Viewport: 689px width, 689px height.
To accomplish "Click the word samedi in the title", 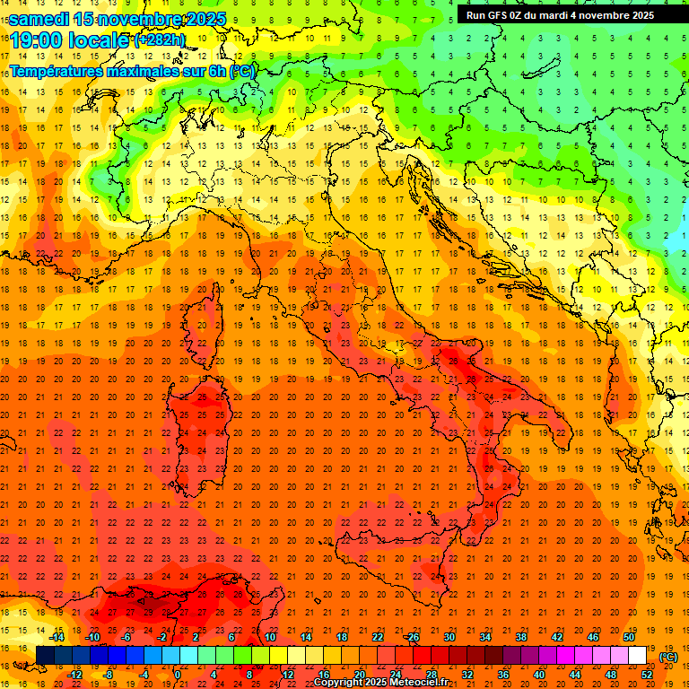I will pyautogui.click(x=39, y=19).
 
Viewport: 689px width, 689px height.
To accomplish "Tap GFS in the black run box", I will pyautogui.click(x=497, y=15).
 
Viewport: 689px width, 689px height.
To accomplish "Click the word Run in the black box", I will pyautogui.click(x=475, y=15).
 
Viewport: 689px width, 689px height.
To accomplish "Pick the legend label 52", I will pyautogui.click(x=647, y=675).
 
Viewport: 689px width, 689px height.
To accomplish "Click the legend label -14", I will pyautogui.click(x=57, y=637).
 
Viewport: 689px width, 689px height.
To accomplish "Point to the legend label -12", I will pyautogui.click(x=74, y=675).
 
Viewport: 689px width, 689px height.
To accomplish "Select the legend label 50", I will pyautogui.click(x=629, y=637).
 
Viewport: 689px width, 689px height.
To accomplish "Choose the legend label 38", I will pyautogui.click(x=520, y=637).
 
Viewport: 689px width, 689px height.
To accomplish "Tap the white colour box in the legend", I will pyautogui.click(x=637, y=656).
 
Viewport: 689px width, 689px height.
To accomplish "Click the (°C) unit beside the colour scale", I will pyautogui.click(x=668, y=657).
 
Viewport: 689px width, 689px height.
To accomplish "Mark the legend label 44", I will pyautogui.click(x=575, y=675).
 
